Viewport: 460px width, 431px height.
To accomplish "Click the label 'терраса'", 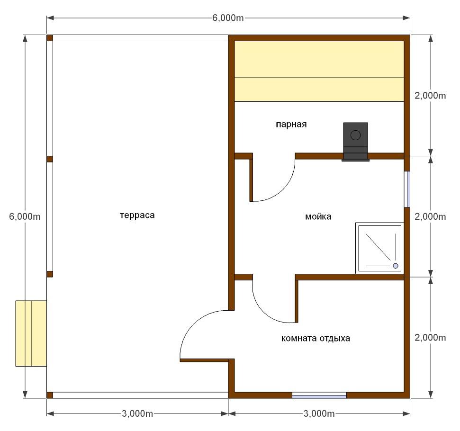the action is pos(137,215).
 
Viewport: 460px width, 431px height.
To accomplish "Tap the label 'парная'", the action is pos(291,125).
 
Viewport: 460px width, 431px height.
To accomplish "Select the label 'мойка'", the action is pos(318,217).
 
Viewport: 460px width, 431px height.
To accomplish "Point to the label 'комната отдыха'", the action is pos(316,339).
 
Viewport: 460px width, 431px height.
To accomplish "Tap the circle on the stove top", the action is pos(356,135).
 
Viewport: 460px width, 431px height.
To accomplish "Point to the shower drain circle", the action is pos(396,266).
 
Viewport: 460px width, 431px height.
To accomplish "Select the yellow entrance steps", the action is pos(31,333).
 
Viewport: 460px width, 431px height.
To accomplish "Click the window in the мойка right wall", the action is pos(407,189).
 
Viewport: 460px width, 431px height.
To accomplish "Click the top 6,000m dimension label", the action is pos(228,18).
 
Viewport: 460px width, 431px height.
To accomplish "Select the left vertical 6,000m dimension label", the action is pos(25,216).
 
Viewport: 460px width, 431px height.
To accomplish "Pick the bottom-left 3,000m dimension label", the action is pos(137,413).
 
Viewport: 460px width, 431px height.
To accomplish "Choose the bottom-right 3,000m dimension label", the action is pos(319,413).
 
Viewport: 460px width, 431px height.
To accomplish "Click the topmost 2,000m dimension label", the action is pos(430,95).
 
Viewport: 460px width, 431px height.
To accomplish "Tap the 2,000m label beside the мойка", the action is pos(430,216).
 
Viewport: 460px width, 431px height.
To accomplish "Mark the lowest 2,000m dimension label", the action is pos(430,338).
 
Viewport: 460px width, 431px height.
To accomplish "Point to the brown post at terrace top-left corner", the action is pos(50,38).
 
